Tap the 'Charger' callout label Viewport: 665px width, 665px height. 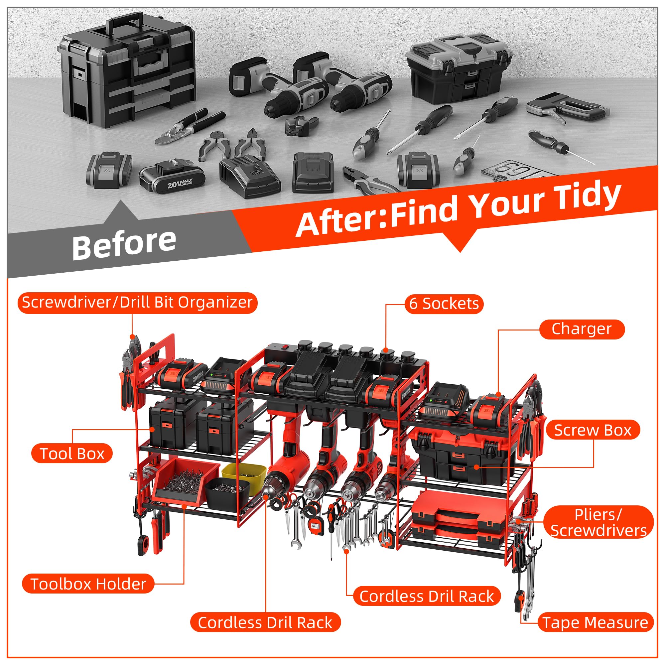coord(581,329)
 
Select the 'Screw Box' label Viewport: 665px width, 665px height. coord(593,430)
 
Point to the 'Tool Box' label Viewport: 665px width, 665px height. coord(72,454)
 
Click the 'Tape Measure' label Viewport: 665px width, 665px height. coord(596,623)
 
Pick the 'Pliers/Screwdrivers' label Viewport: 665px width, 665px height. coord(598,522)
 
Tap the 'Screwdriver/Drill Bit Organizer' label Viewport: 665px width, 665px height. coord(137,303)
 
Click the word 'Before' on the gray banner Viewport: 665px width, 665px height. coord(124,243)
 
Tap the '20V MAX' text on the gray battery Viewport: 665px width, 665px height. coord(180,184)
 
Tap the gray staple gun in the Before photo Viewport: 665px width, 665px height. coord(567,108)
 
